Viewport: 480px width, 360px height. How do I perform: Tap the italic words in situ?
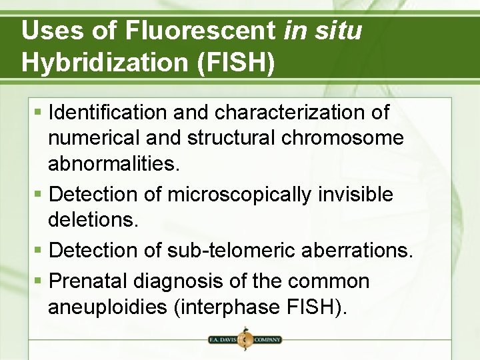[323, 31]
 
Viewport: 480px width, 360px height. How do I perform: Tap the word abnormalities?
[113, 163]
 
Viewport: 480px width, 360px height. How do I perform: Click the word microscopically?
[239, 195]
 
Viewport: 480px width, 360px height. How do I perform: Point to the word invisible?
[355, 195]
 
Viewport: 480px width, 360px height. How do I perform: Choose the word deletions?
[93, 220]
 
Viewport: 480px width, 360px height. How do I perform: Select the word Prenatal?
[90, 281]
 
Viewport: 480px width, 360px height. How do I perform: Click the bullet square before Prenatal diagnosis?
[39, 281]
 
